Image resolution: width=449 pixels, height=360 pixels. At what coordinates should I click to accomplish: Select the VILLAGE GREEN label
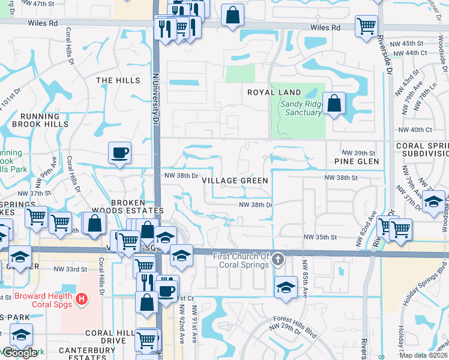[235, 181]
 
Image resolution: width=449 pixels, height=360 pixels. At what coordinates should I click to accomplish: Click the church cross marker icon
[277, 260]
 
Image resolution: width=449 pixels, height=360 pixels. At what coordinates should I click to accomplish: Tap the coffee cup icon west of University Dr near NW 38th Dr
[119, 152]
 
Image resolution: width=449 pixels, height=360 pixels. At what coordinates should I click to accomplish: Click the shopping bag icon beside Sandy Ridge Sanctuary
[334, 103]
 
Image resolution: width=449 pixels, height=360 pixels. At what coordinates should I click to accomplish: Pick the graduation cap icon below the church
[286, 287]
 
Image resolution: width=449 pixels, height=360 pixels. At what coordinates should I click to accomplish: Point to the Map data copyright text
[423, 355]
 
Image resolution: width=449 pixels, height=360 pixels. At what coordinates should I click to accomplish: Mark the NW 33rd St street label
[67, 269]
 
